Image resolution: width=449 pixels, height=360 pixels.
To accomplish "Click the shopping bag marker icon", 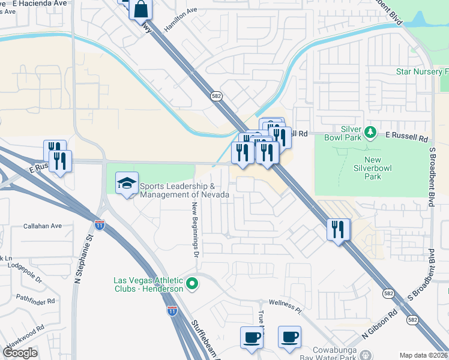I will [x=140, y=10].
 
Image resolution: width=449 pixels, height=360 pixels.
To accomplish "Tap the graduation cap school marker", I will [x=127, y=184].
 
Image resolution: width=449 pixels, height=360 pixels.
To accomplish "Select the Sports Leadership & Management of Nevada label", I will [x=184, y=190].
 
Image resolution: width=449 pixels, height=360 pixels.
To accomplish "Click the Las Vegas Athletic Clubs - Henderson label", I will [x=148, y=284].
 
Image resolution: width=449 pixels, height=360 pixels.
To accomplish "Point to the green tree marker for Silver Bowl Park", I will [x=371, y=131].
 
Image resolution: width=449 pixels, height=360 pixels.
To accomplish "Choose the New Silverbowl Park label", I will [x=372, y=168].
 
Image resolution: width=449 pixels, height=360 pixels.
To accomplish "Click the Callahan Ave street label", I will [x=43, y=226].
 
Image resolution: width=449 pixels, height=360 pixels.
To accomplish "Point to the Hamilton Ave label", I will [x=180, y=20].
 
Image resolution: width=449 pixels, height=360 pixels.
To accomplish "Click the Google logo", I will [x=20, y=353].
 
